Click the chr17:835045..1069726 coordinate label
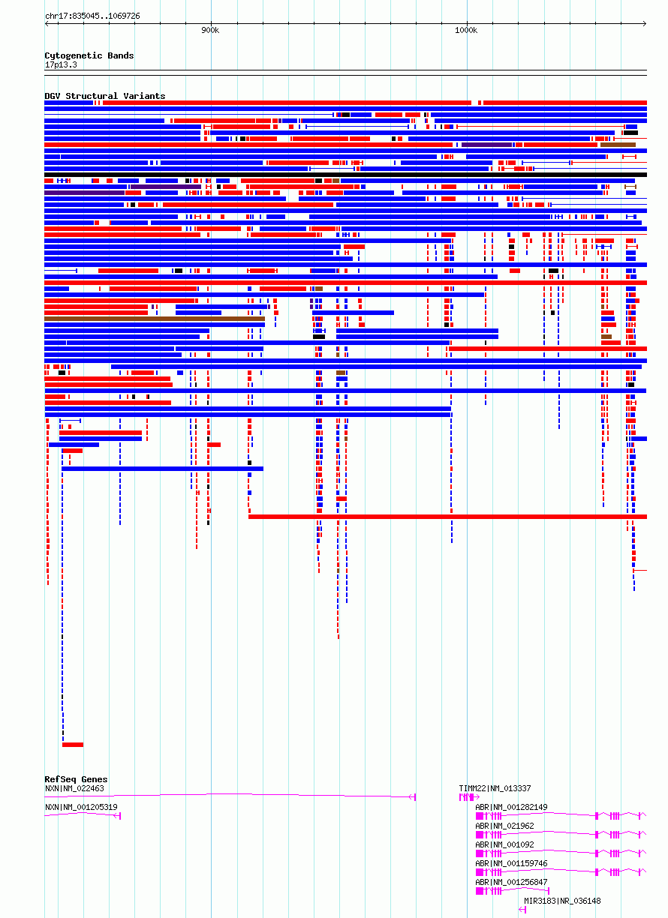pos(92,16)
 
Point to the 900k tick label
pos(210,30)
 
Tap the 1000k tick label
pos(466,30)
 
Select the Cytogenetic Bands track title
pos(89,55)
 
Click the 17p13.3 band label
pos(61,64)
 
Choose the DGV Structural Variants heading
pos(105,96)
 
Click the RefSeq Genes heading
pos(76,779)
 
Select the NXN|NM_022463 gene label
pos(74,788)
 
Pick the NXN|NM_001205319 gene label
pos(81,807)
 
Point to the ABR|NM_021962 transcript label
pos(505,826)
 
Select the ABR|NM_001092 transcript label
pos(505,844)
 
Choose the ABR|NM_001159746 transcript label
pos(511,863)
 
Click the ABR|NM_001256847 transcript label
pos(511,882)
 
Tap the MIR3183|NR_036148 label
pos(562,901)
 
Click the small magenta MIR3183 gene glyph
pos(522,910)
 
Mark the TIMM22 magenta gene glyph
pos(468,796)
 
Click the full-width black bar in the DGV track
pos(346,175)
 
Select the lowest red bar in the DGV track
pos(73,745)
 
